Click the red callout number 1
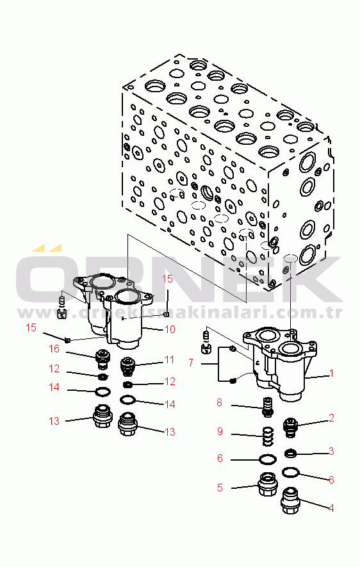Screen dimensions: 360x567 pos(332,373)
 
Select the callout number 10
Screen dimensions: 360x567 pos(170,329)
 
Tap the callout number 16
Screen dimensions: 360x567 pos(54,349)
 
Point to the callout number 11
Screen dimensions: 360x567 pos(170,360)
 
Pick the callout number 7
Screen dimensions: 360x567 pos(191,363)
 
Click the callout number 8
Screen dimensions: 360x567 pos(220,402)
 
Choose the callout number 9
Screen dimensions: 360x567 pos(220,431)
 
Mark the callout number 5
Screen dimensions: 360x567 pos(220,488)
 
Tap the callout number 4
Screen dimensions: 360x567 pos(331,508)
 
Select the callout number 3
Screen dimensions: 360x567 pos(331,451)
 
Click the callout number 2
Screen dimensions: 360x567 pos(331,418)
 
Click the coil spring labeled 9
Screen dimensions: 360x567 pos(268,436)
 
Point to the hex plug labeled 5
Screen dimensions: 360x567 pos(268,485)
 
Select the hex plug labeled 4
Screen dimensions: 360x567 pos(291,501)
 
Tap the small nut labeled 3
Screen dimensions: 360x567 pos(291,453)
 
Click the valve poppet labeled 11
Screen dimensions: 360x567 pos(127,366)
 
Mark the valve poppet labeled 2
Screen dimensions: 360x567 pos(291,427)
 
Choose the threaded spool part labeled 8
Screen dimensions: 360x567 pos(268,407)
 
